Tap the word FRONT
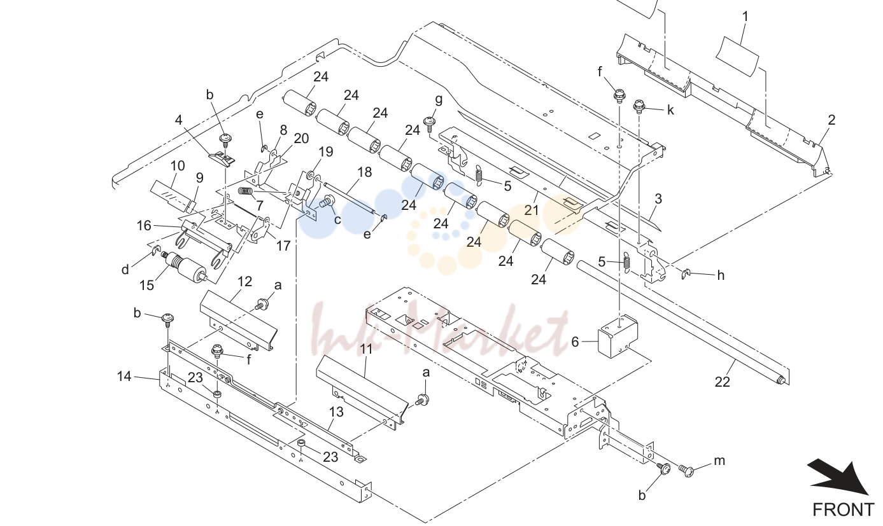coord(843,510)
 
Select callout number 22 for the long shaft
coord(722,382)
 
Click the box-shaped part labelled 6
coord(618,336)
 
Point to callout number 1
coord(745,17)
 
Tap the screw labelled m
coord(686,470)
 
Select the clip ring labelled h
coord(686,273)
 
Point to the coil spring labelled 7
coord(246,191)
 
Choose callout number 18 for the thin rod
coord(365,172)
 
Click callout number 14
coord(124,377)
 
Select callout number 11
coord(366,349)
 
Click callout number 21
coord(532,210)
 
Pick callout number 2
coord(831,120)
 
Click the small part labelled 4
coord(223,160)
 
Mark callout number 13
coord(336,412)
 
